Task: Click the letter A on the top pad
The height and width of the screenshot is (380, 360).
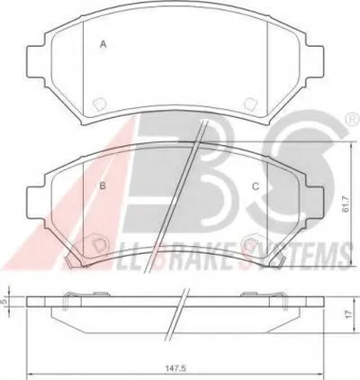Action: tap(103, 45)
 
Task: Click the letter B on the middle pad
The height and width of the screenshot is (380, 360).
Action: tap(103, 186)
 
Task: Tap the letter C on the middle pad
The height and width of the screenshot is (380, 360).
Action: tap(256, 186)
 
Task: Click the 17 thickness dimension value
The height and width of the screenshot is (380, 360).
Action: tap(347, 314)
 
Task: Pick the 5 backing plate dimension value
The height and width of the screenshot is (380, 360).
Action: tap(4, 301)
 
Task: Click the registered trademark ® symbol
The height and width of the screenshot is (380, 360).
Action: tap(354, 119)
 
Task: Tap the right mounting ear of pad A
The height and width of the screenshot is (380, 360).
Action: tap(316, 60)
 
